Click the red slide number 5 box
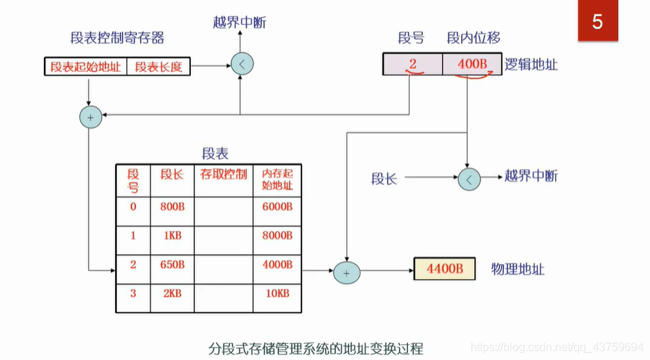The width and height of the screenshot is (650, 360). pos(597,22)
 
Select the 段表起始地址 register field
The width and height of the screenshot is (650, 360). pos(85,67)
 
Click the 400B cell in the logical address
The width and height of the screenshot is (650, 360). pos(472,65)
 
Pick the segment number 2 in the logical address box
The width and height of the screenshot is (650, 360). pos(412,65)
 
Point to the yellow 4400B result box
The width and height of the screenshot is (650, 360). pos(445,270)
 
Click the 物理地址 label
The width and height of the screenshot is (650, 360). pos(518,270)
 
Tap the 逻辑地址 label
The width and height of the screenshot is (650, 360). pos(531,65)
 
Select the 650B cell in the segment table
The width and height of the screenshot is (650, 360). pos(172,265)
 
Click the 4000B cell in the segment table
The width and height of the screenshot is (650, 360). pos(277,265)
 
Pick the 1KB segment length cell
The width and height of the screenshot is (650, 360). pos(172,235)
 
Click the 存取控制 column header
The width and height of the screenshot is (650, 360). pos(224,173)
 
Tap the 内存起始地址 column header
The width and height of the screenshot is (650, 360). pos(277,180)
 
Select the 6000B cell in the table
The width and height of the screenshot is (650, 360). pos(277,206)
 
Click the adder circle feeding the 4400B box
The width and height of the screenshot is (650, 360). pos(347,271)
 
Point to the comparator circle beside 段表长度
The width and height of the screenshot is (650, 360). pos(242,65)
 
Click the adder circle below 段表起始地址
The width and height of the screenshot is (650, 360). pos(90,116)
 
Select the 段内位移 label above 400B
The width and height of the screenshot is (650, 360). pos(473,38)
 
